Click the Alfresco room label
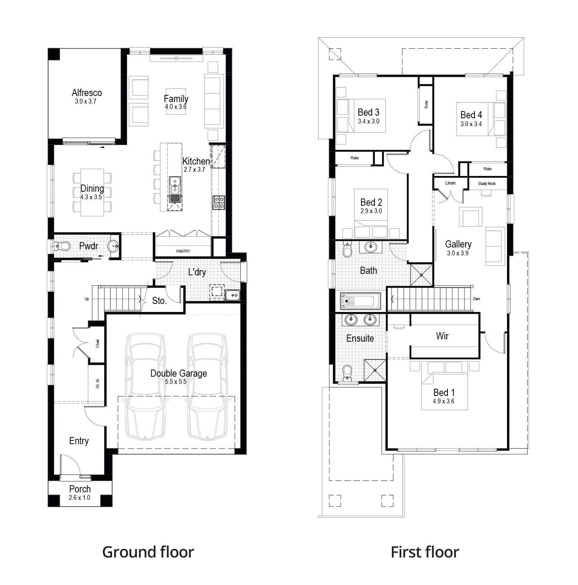tap(87, 93)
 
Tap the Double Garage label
tap(179, 373)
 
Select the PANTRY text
tap(183, 251)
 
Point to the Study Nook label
tap(487, 183)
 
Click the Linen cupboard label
tap(450, 183)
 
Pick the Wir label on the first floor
tap(442, 336)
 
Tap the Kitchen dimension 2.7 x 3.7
tap(194, 170)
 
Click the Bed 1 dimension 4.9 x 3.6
tap(443, 401)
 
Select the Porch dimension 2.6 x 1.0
tap(79, 498)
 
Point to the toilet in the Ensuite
tap(347, 371)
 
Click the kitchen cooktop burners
tap(218, 202)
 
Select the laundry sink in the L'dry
tap(233, 295)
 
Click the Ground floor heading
tap(148, 552)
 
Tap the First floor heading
tap(425, 552)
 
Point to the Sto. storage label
tap(159, 301)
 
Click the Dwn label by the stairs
tap(476, 299)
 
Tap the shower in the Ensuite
tap(375, 371)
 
